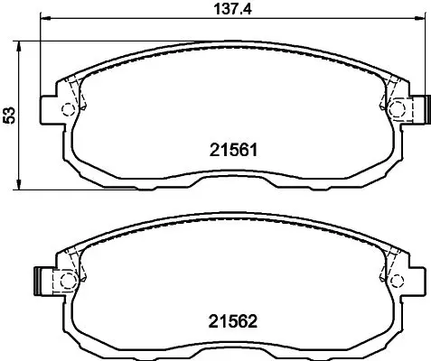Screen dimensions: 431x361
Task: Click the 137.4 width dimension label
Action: point(232,9)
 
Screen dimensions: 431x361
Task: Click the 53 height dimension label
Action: point(9,116)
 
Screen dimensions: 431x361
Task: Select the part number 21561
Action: point(234,150)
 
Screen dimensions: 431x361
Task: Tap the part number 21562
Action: point(233,321)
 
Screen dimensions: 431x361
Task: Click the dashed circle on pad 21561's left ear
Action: point(68,109)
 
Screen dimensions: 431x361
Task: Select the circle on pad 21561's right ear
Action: point(397,108)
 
